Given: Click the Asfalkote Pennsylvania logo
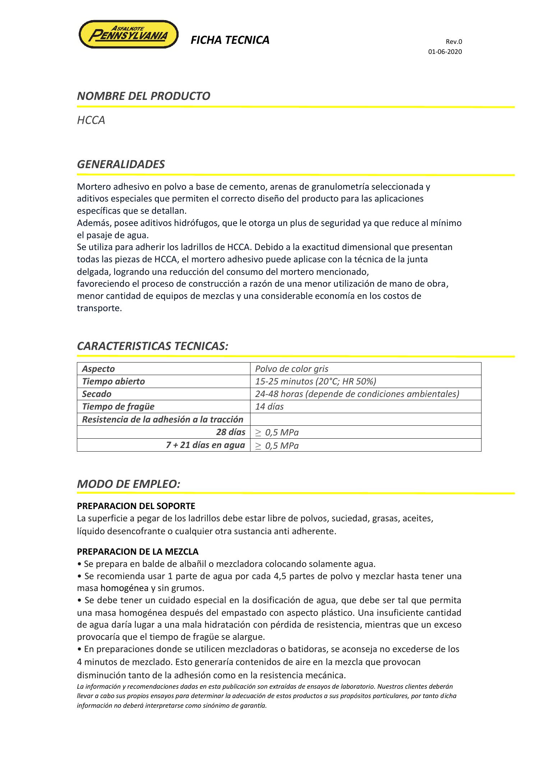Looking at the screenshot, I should point(128,34).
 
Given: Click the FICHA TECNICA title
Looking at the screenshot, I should point(230,40).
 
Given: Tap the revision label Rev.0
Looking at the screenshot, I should point(454,42).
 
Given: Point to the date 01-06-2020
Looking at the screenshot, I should point(444,52).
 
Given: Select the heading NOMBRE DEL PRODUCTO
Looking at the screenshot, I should point(143,96).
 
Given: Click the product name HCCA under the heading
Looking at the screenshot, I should point(91,120).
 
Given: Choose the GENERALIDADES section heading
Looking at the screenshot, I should point(121,165).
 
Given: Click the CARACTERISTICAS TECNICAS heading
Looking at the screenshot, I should point(153,346).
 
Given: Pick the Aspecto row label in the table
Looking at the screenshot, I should point(98,369).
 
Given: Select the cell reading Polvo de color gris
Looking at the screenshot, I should point(291,369).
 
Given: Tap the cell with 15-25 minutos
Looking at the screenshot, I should point(315,382).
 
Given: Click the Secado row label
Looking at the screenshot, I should point(97,394).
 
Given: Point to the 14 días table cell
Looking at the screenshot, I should point(269,407).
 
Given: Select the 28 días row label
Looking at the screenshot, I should point(230,432).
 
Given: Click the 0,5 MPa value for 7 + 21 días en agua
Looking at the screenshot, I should point(281,446).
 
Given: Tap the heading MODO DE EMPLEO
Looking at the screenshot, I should point(128,484).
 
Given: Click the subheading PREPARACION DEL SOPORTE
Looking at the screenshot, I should point(136,506).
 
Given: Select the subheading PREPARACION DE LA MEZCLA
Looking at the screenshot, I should point(138,551).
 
